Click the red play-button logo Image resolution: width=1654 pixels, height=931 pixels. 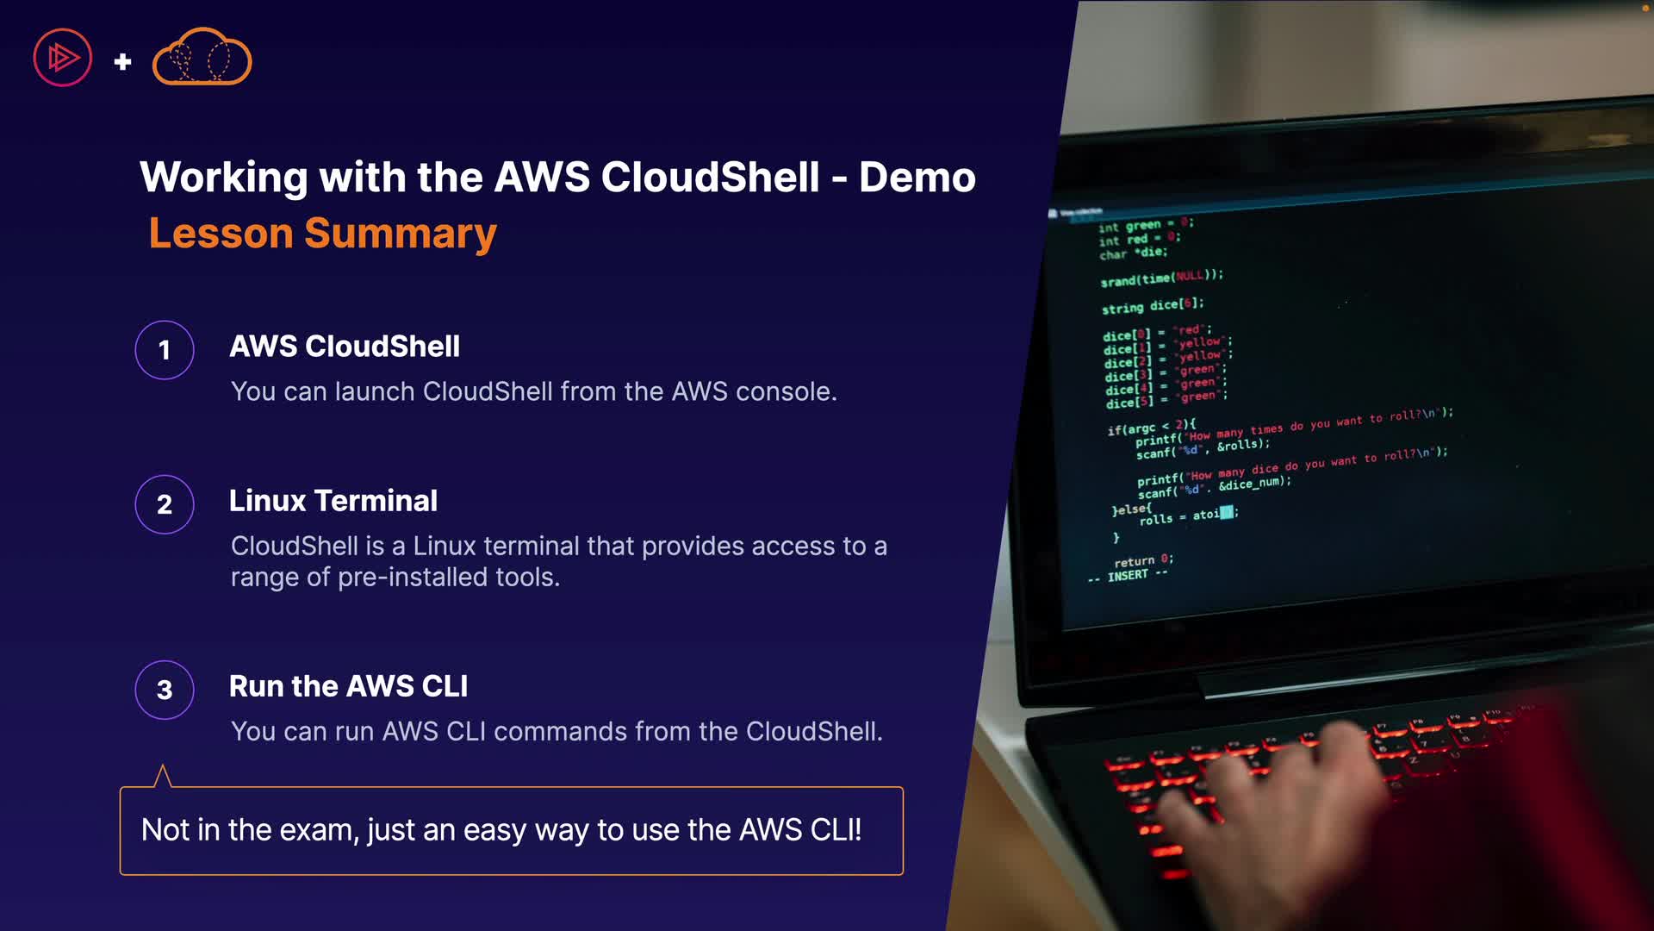pos(62,58)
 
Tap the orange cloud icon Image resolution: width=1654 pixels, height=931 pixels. pos(202,58)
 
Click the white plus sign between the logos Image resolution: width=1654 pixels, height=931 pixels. pos(122,61)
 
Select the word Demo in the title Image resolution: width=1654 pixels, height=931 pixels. pos(917,178)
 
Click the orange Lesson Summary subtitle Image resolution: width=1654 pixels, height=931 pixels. pos(323,234)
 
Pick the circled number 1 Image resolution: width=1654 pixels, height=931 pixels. pos(165,350)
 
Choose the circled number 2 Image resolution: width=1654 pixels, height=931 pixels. pos(165,504)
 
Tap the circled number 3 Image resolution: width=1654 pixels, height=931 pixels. pos(165,690)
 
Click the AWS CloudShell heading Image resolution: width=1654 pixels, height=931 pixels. pos(345,347)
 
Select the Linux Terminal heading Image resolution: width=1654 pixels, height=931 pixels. pos(333,501)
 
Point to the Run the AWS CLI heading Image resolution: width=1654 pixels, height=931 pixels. pos(349,686)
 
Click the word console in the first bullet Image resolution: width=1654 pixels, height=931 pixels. pos(786,391)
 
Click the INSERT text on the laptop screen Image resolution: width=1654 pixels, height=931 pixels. pos(1128,575)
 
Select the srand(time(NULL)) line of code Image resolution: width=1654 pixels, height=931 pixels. pos(1161,278)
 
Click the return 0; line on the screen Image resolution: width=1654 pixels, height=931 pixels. pos(1143,560)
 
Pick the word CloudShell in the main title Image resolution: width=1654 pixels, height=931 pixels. pos(710,178)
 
